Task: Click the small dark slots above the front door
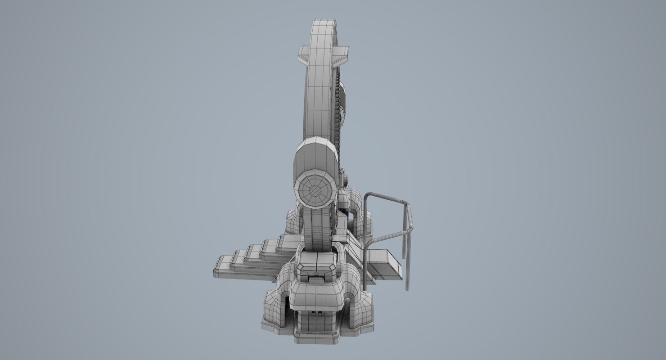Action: pos(315,311)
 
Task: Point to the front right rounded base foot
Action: pos(360,310)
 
